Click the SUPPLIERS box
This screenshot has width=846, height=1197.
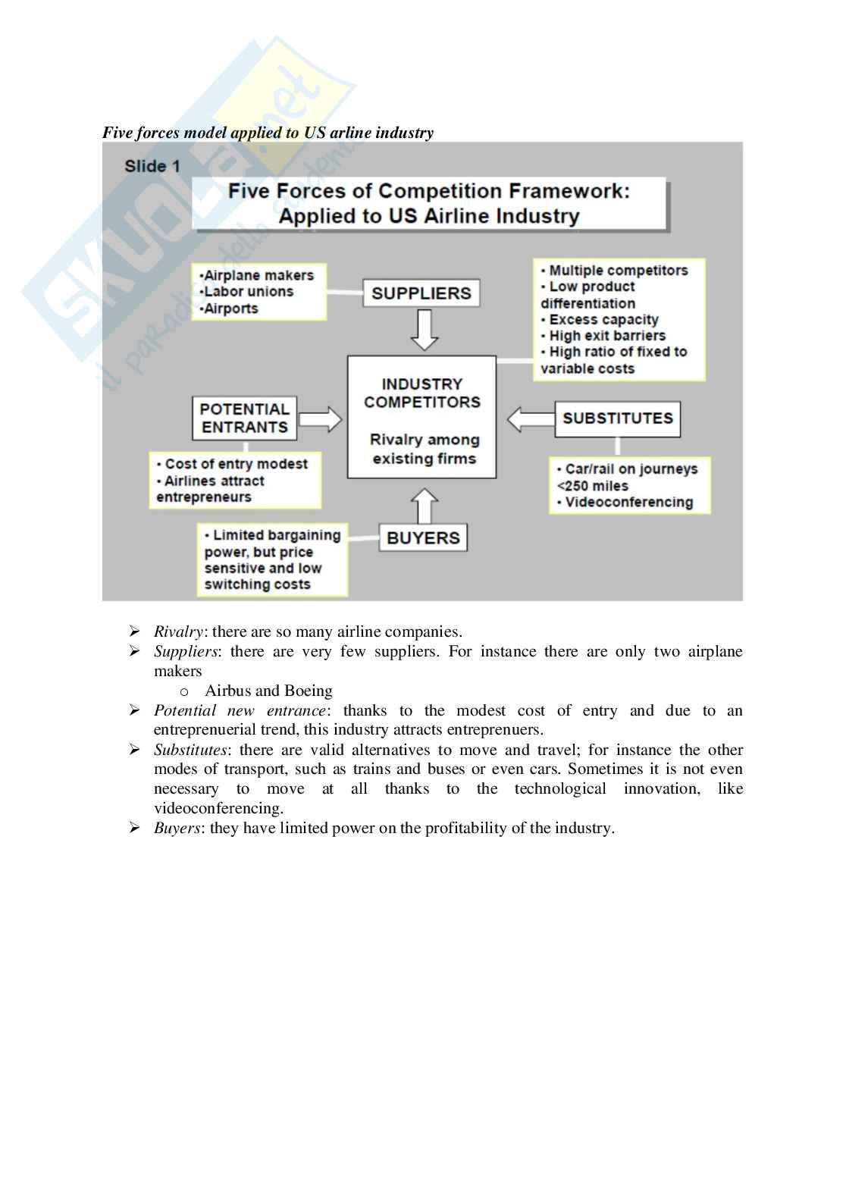[x=421, y=293]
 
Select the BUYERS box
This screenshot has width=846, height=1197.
[x=423, y=537]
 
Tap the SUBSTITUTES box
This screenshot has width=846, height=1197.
[x=617, y=418]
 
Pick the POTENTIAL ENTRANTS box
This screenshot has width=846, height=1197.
[x=244, y=418]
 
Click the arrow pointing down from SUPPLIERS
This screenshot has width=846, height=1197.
[x=424, y=329]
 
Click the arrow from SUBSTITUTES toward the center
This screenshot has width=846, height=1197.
[x=530, y=418]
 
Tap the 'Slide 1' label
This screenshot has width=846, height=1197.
[x=152, y=166]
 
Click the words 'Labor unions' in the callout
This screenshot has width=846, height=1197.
[x=249, y=292]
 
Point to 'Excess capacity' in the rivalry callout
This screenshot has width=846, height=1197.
[x=603, y=319]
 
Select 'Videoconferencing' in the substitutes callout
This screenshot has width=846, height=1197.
[x=628, y=502]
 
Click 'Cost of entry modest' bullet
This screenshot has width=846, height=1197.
[x=236, y=464]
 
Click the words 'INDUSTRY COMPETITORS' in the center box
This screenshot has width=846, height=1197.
[x=421, y=393]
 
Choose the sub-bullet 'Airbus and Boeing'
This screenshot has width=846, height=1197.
[x=268, y=691]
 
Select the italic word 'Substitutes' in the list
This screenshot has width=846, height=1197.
[x=190, y=750]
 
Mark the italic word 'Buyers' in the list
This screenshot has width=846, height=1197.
[x=177, y=828]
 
